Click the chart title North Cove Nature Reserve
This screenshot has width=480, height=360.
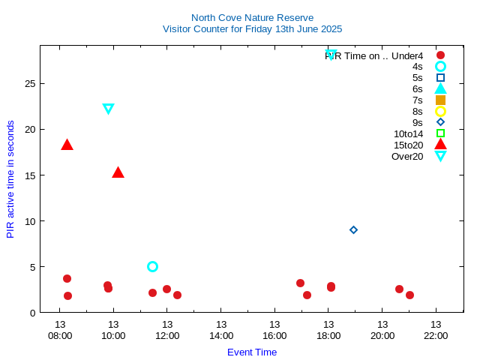252,17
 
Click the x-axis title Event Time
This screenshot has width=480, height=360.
252,352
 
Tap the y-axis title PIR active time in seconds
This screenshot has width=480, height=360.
10,179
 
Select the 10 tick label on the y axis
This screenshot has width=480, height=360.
30,221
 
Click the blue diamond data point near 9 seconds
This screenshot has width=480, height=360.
354,229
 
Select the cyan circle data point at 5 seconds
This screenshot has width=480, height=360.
152,266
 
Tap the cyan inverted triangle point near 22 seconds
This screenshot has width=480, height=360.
108,109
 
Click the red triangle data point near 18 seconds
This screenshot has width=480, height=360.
67,145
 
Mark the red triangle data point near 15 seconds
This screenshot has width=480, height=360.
118,172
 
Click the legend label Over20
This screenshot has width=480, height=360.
407,156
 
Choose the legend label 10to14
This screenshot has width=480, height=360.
408,133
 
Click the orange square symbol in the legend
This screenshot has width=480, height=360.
440,100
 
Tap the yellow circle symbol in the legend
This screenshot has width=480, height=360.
440,111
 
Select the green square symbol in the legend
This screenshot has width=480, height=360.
440,133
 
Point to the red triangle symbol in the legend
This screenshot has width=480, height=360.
440,144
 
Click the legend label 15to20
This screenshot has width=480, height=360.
408,145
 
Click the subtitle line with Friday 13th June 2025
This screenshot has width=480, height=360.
252,29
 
